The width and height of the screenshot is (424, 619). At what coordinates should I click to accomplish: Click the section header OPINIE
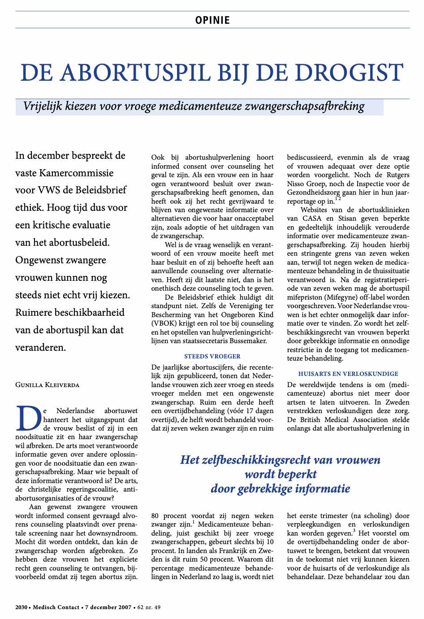212,20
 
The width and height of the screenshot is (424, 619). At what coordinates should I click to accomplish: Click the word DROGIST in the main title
354,73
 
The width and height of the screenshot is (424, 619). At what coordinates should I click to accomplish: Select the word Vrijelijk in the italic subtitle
43,106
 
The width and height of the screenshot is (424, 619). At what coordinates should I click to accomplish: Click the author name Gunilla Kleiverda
47,385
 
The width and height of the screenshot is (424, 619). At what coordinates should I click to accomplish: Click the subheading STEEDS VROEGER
212,356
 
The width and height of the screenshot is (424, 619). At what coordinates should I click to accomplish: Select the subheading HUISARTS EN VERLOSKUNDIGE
348,374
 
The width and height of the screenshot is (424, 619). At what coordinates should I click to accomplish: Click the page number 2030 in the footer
21,607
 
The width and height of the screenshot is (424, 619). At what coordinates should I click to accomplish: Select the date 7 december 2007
108,607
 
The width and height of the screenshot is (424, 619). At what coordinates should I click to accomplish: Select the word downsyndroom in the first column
117,533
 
